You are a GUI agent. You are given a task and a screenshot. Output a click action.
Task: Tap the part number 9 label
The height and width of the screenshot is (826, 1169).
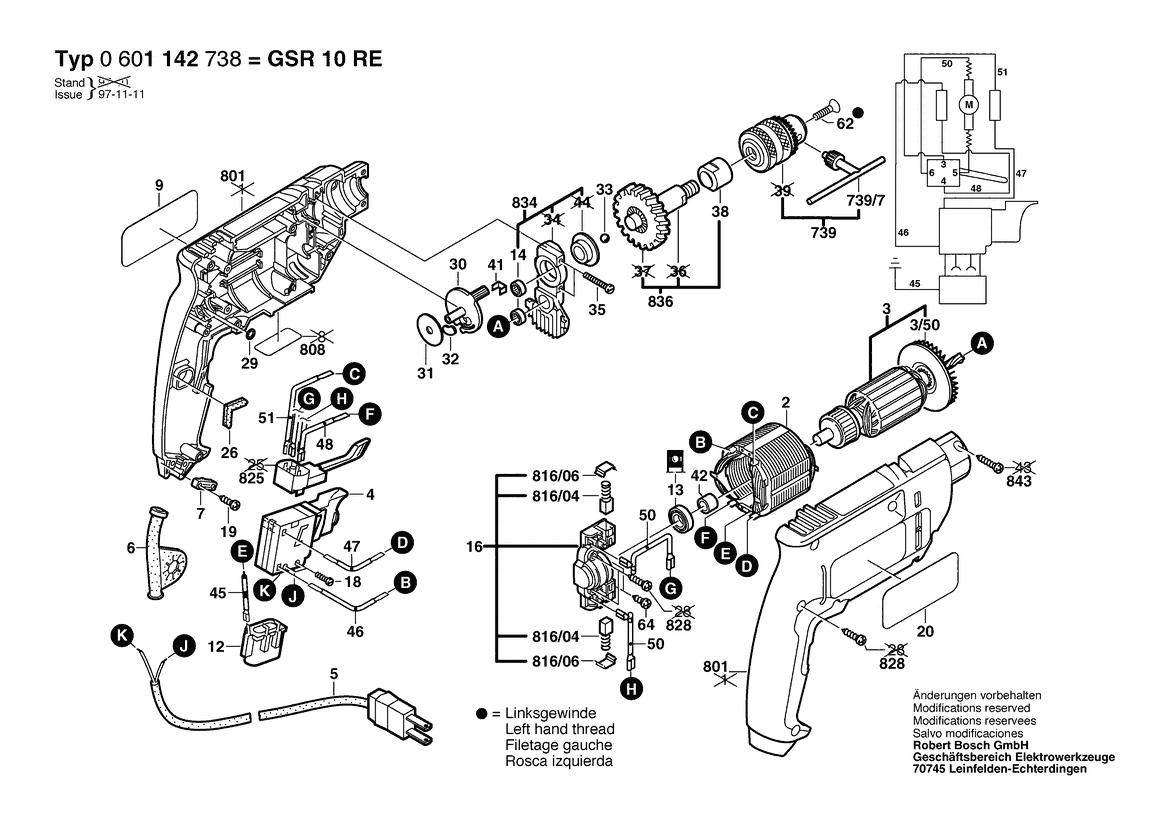click(158, 185)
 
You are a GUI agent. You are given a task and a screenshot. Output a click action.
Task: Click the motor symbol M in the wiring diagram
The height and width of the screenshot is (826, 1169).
click(967, 104)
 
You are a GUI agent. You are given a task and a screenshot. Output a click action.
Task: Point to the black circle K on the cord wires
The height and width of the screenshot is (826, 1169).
click(122, 635)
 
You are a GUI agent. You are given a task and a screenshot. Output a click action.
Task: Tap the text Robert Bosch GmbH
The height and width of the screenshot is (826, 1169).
click(969, 746)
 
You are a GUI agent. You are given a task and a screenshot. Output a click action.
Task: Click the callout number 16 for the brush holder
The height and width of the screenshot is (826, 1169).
click(474, 547)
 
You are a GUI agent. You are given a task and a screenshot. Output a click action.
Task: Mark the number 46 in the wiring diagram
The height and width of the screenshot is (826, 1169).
click(903, 233)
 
